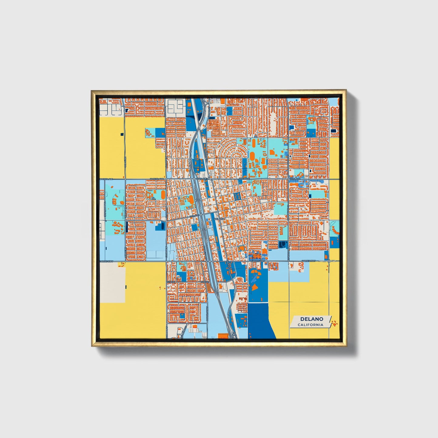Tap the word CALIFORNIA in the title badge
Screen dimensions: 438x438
[310, 325]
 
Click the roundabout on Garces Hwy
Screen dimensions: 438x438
[329, 261]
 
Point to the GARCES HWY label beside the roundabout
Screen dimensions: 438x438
[308, 261]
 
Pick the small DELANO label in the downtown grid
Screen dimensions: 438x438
[219, 219]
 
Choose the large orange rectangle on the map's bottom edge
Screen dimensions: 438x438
[223, 336]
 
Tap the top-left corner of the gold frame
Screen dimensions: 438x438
[92, 91]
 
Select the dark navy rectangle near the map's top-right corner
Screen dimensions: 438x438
[333, 131]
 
